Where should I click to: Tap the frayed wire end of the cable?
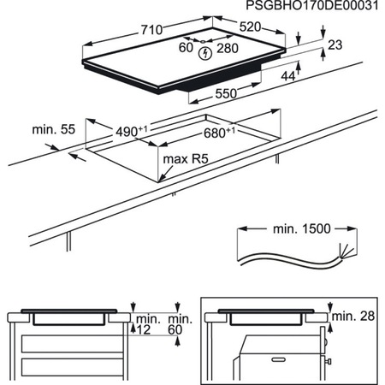(x=342, y=251)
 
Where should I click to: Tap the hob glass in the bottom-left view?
(x=68, y=311)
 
